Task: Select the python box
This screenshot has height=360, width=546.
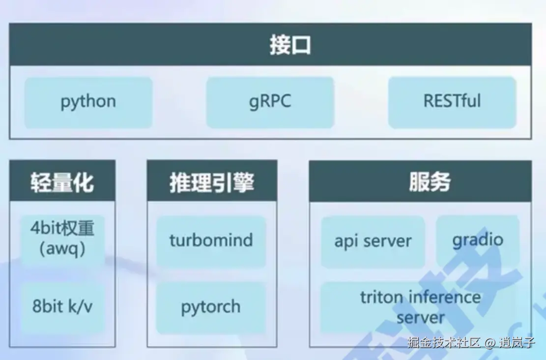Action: point(88,102)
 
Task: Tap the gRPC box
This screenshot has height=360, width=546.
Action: point(270,102)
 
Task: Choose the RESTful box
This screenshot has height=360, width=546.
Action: point(452,102)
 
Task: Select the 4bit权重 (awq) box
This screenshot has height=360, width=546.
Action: point(62,239)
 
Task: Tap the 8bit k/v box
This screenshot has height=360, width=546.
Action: point(62,307)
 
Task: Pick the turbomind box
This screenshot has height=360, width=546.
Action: point(211,240)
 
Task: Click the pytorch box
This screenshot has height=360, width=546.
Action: point(211,307)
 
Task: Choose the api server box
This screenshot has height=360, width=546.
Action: point(373,241)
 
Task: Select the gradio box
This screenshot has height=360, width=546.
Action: point(478,240)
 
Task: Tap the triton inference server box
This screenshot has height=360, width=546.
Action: point(420,307)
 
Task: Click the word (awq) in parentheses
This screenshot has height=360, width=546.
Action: point(62,249)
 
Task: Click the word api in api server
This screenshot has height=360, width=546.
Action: point(345,241)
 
